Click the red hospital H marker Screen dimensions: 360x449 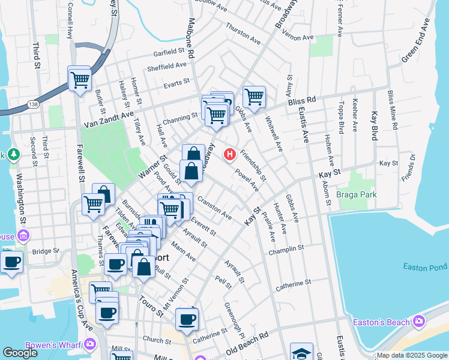pos(229,155)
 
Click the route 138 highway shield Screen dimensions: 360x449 pos(33,105)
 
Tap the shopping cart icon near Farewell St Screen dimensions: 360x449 pos(79,79)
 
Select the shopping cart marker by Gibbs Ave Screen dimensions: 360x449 pos(254,96)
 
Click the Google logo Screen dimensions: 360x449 pos(20,353)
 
